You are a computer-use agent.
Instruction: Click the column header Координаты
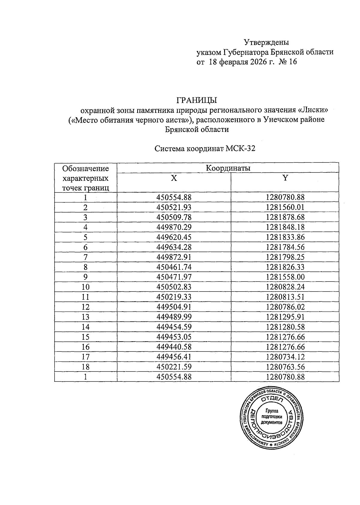(228, 168)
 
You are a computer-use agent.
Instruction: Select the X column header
(174, 178)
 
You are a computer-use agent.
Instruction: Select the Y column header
(285, 178)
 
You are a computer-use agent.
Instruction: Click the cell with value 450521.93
(174, 207)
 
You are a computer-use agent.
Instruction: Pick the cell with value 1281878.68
(285, 217)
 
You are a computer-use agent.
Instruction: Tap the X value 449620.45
(174, 237)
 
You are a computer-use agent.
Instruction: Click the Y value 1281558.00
(285, 277)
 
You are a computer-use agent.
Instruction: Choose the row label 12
(85, 307)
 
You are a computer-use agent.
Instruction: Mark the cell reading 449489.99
(174, 317)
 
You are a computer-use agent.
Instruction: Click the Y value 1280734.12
(285, 357)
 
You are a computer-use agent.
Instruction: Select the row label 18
(85, 367)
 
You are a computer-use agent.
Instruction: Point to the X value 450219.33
(174, 297)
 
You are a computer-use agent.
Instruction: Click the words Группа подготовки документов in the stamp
(271, 417)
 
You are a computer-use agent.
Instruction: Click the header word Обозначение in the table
(85, 168)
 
